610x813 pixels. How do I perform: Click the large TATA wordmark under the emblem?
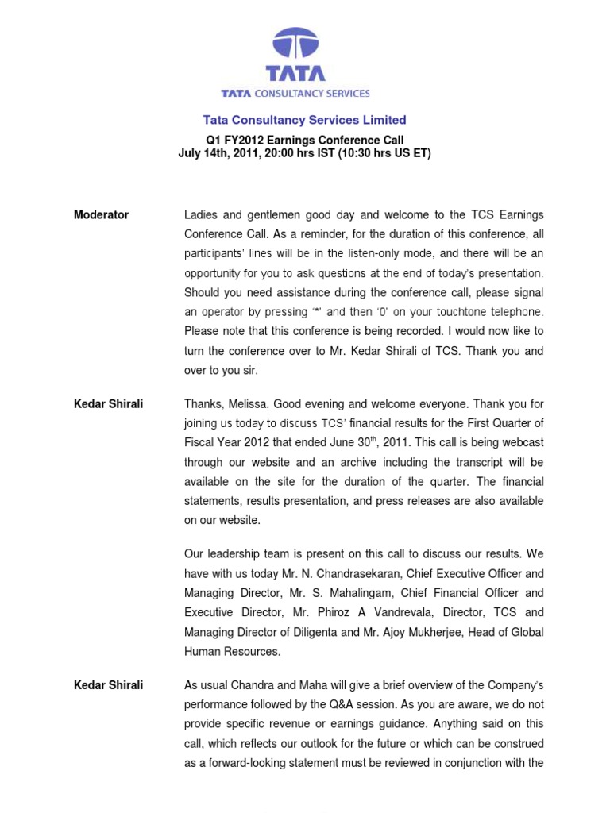(295, 73)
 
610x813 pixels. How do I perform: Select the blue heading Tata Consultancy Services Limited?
(304, 121)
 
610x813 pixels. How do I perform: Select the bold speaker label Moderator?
(101, 215)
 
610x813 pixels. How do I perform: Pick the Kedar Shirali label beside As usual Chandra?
(108, 685)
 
